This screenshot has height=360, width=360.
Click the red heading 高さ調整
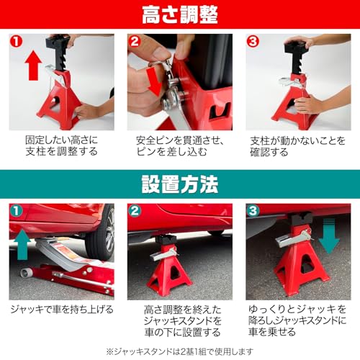click(180, 15)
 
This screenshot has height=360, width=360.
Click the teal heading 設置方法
click(180, 185)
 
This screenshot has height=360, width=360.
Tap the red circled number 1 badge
click(18, 42)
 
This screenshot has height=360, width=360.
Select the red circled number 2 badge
click(136, 42)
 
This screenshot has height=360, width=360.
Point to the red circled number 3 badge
click(253, 42)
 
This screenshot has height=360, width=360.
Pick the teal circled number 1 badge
click(18, 213)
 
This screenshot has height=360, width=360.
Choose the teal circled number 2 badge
click(136, 213)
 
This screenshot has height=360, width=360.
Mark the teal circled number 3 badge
click(253, 213)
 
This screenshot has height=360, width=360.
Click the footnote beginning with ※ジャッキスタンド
click(180, 351)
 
